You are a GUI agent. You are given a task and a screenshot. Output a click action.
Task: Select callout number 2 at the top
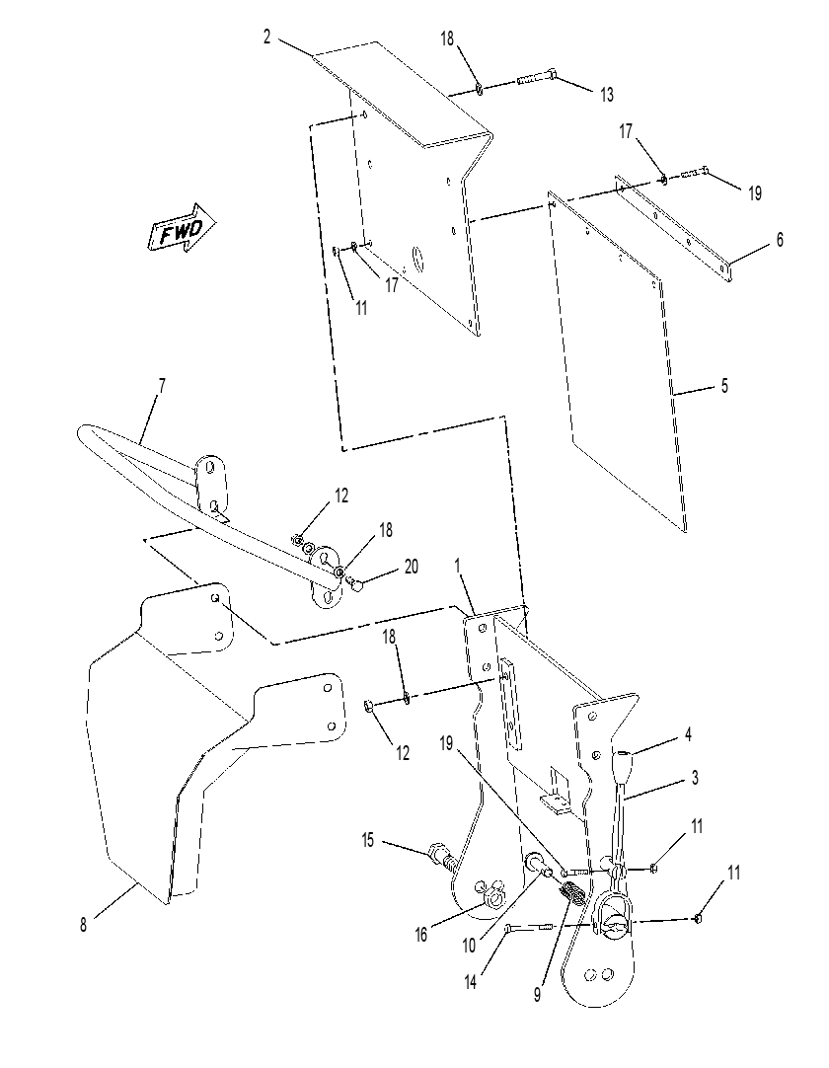tap(267, 37)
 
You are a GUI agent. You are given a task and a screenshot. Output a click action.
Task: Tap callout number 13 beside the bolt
tap(606, 95)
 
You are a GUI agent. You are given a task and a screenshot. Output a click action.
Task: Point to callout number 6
tap(780, 240)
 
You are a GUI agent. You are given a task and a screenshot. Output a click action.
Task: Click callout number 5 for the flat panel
tap(724, 386)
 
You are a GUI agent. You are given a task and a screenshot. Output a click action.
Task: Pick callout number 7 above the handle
tap(162, 386)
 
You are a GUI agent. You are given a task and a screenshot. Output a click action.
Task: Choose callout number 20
tap(411, 567)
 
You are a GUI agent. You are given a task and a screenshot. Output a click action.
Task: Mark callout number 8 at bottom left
tap(83, 925)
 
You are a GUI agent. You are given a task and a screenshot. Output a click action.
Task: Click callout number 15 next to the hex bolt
tap(368, 841)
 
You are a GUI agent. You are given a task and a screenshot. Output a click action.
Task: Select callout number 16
tap(421, 935)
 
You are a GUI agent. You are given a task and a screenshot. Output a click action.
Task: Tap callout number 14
tap(470, 981)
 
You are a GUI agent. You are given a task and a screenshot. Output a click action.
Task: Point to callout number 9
tap(538, 994)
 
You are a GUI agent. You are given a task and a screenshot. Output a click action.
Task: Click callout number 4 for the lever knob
tap(689, 735)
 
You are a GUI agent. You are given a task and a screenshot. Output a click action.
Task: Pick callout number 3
tap(695, 777)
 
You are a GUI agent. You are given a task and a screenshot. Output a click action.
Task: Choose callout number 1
tap(458, 566)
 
